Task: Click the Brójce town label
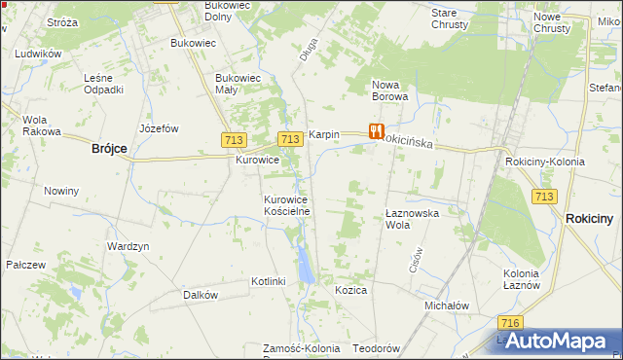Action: pos(109,149)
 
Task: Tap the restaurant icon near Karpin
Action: pos(376,130)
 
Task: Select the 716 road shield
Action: pos(508,323)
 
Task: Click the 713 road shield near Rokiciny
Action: pos(544,197)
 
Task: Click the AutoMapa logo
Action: pos(557,341)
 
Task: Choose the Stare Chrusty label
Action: pos(451,18)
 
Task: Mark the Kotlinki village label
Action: pos(268,281)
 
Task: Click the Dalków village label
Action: pos(201,294)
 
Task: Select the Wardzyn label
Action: pos(128,247)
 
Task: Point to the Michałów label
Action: pos(447,305)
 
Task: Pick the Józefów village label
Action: pos(160,128)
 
